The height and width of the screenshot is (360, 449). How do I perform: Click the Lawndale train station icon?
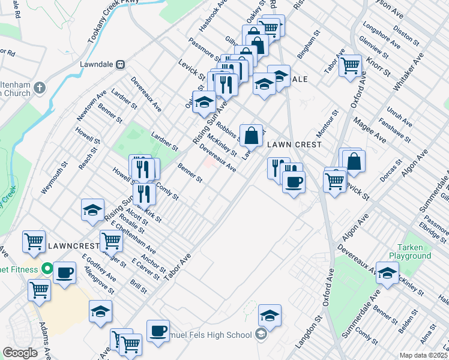tap(120, 63)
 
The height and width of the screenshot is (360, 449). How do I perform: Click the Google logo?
tap(20, 353)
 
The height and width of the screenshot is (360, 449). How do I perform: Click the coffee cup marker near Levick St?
tap(294, 182)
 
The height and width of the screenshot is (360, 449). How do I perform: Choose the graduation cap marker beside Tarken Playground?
tap(388, 273)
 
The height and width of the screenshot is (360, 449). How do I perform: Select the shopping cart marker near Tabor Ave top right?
tap(350, 65)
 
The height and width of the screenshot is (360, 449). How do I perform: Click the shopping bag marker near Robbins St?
tap(252, 134)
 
